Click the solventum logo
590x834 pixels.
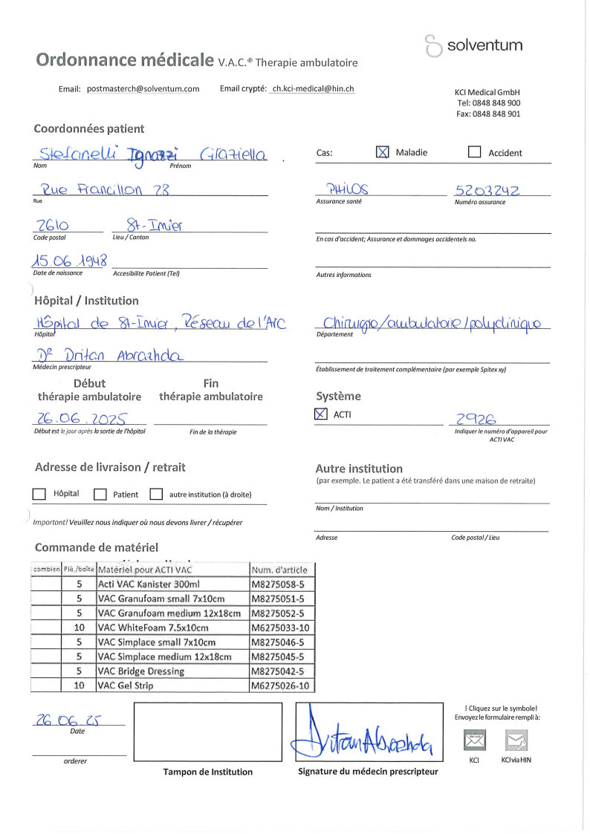(x=473, y=45)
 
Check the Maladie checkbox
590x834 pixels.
(x=383, y=152)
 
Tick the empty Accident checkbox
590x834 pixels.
(x=474, y=152)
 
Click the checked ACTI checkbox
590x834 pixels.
(x=321, y=414)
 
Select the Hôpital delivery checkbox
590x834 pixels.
(x=39, y=494)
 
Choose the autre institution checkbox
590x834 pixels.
(x=156, y=494)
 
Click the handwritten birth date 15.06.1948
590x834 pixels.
(x=70, y=261)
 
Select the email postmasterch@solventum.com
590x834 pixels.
(x=143, y=89)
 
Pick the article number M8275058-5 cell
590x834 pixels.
(x=282, y=584)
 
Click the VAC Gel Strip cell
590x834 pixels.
(x=173, y=685)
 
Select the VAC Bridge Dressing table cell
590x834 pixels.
(x=173, y=671)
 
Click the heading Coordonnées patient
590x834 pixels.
(x=89, y=128)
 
